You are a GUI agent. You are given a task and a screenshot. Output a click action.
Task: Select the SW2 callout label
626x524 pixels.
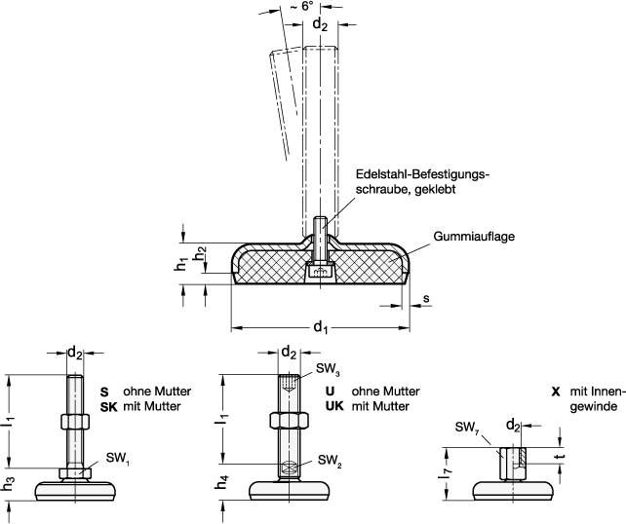pyautogui.click(x=329, y=461)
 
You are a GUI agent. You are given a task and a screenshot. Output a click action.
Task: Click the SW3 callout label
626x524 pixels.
pyautogui.click(x=328, y=370)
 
